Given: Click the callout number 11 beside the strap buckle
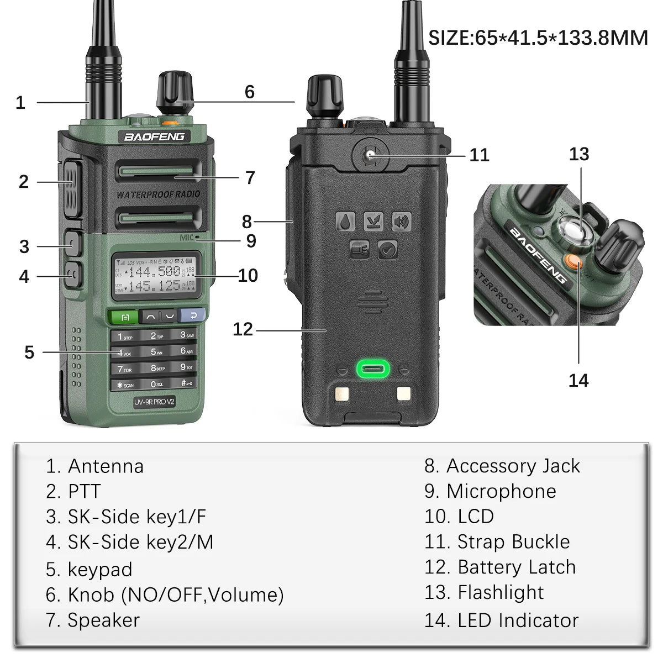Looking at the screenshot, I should (479, 155).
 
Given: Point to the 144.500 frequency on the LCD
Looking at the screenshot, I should (158, 271).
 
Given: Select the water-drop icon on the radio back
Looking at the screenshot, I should (345, 222).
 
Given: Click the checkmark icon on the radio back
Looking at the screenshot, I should (387, 250).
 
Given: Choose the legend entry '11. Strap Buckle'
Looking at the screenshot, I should (497, 541).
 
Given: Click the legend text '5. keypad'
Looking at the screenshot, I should (89, 569).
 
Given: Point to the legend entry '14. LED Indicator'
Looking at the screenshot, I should (501, 620).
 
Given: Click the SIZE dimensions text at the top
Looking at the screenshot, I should (538, 38).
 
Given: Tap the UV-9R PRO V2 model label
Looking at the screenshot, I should (154, 402).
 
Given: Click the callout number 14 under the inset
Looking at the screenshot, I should (578, 380).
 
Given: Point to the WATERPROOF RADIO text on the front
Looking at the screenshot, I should (158, 194).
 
